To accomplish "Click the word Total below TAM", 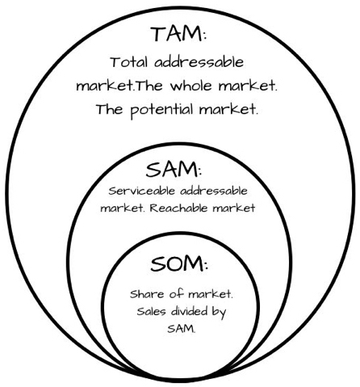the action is click(129, 62).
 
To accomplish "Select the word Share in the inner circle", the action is click(147, 294).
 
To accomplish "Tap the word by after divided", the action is click(219, 313).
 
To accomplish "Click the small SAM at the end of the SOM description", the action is click(180, 329).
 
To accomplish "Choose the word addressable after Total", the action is click(199, 62).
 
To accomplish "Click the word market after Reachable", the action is click(233, 208).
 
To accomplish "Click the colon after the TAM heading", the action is click(205, 36).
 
